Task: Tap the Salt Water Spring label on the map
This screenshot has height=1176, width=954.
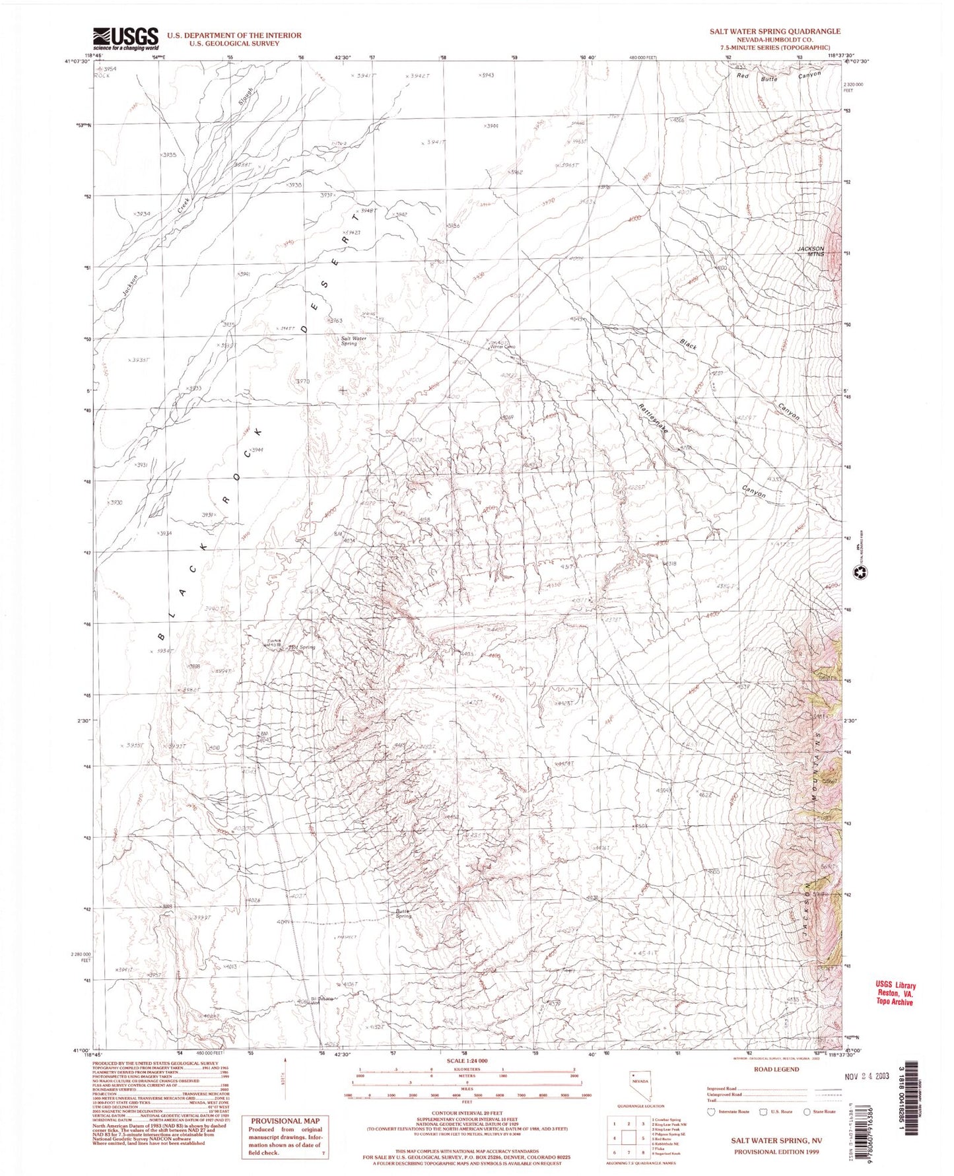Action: (x=353, y=341)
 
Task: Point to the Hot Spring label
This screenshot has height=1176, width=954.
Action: (x=302, y=647)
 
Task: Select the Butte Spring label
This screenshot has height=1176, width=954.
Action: (x=403, y=914)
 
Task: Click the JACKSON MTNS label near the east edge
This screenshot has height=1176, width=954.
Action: (x=811, y=251)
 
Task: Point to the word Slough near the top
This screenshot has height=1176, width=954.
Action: (x=245, y=98)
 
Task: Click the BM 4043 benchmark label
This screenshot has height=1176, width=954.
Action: (x=266, y=737)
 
